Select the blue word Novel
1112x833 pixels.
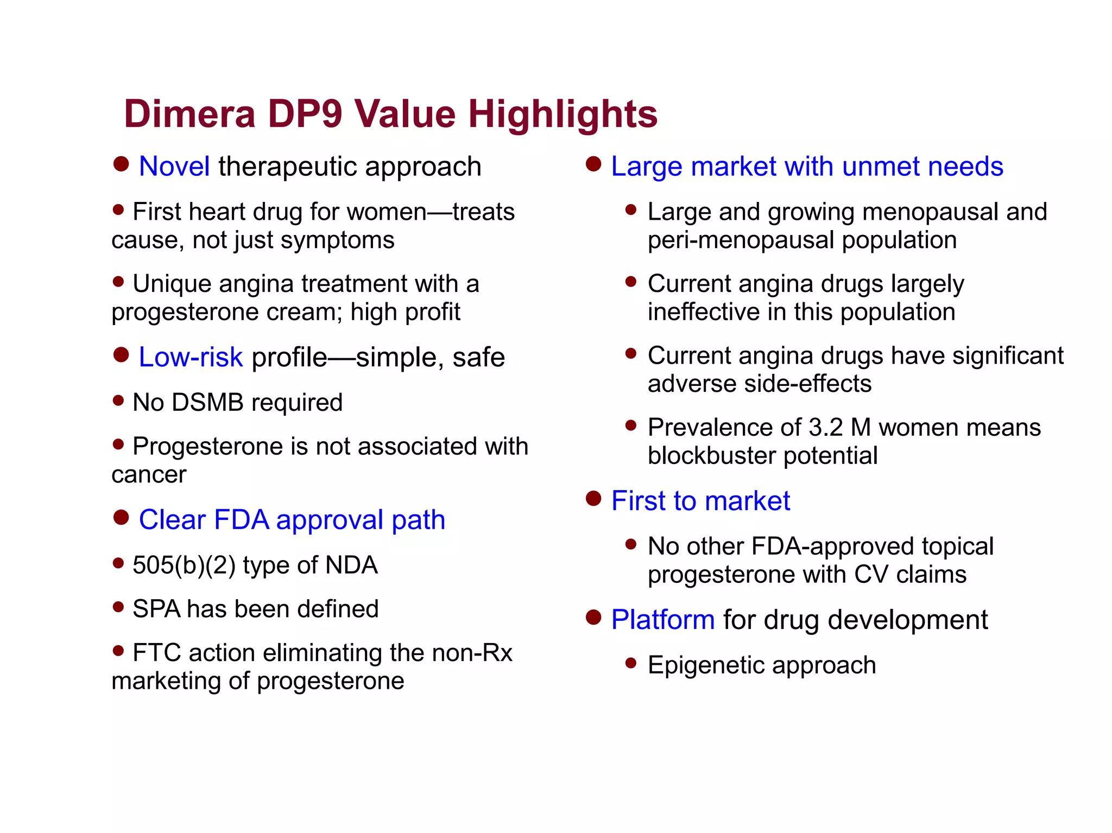174,166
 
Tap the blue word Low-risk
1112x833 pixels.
191,357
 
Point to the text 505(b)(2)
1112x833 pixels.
184,565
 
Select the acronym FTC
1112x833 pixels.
156,652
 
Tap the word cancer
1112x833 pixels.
149,475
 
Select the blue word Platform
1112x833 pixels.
662,620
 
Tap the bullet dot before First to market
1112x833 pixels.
593,498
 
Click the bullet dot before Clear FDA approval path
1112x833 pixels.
121,517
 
